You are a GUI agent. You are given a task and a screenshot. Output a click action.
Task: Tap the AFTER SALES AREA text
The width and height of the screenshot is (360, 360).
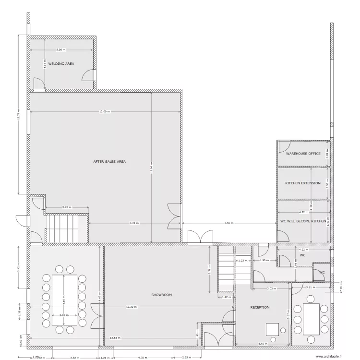pyautogui.click(x=109, y=162)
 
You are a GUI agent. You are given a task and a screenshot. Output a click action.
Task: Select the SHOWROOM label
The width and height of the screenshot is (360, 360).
pyautogui.click(x=161, y=294)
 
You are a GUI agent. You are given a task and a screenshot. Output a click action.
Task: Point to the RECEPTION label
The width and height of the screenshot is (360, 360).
pyautogui.click(x=260, y=307)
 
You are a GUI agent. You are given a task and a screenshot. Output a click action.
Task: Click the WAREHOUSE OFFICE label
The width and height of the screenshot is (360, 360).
pyautogui.click(x=303, y=154)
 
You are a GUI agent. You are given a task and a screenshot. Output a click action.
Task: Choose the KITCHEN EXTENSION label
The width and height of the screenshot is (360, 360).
pyautogui.click(x=303, y=183)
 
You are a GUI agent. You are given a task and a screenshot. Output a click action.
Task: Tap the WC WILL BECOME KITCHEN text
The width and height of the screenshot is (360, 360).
pyautogui.click(x=303, y=221)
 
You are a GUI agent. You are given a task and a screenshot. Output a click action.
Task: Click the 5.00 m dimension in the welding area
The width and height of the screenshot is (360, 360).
pyautogui.click(x=61, y=50)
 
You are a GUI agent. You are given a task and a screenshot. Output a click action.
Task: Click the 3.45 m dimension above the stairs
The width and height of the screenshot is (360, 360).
pyautogui.click(x=67, y=207)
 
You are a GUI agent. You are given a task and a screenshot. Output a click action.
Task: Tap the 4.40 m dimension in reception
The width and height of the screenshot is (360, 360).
pyautogui.click(x=263, y=344)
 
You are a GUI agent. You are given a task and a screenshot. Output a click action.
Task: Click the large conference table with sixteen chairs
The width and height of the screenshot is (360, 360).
pyautogui.click(x=64, y=300)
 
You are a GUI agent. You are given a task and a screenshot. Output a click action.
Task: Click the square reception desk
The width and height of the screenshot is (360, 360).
pyautogui.click(x=273, y=329)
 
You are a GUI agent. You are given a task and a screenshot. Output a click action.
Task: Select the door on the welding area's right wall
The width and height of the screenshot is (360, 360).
pyautogui.click(x=90, y=76)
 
